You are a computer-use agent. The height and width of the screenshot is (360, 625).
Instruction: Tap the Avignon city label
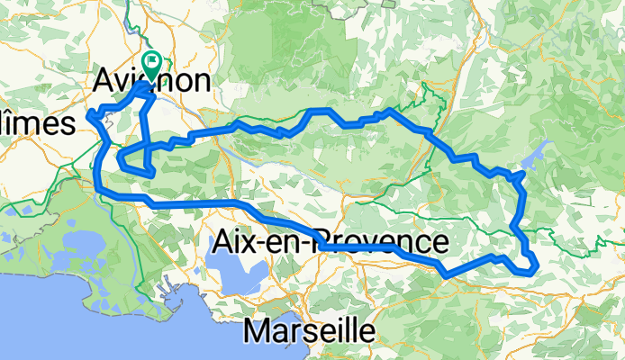click(152, 81)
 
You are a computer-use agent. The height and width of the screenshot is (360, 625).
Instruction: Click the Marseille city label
click(309, 330)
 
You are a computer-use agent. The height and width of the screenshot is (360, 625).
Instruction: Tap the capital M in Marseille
click(256, 330)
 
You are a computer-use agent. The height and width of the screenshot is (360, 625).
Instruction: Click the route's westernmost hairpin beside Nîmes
click(88, 113)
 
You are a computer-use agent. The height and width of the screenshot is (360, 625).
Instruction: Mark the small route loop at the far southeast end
click(527, 265)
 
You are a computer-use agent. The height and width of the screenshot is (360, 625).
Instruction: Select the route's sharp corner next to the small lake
click(521, 173)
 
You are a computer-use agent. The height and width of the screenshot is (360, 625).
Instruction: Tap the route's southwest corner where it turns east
click(97, 189)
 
